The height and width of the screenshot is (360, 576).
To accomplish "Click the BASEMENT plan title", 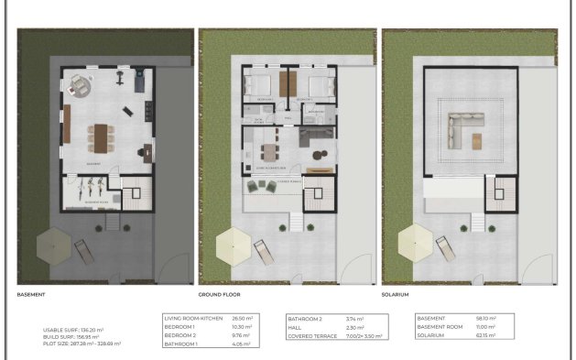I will click(x=33, y=295).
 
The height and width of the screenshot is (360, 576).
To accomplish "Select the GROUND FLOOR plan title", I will click(x=221, y=295).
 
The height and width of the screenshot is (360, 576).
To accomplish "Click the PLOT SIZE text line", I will click(x=82, y=344).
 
